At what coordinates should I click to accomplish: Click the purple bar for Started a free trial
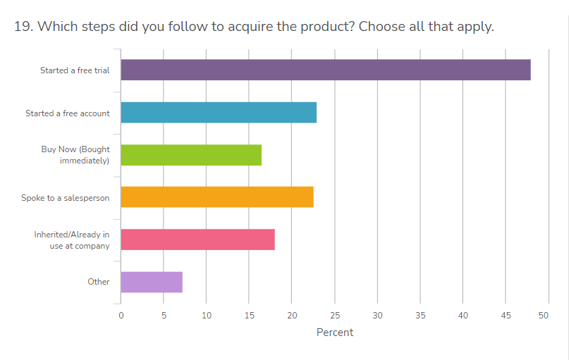tap(325, 70)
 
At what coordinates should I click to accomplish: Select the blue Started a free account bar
tap(219, 113)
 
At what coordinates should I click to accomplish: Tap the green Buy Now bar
tap(191, 155)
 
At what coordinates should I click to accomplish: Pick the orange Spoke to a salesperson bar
tap(217, 197)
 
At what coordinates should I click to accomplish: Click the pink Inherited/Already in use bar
tap(197, 240)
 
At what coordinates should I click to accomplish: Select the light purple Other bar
tap(152, 282)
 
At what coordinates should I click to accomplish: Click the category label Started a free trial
tap(75, 70)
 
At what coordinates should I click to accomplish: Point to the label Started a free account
tap(68, 113)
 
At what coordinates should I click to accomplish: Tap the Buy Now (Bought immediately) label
tap(75, 155)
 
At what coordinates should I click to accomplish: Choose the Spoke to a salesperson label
tap(66, 198)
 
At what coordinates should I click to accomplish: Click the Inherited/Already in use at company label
tap(72, 240)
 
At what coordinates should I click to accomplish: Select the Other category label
tap(99, 282)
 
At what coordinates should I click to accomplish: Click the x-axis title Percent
tap(335, 332)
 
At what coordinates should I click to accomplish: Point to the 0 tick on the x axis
tap(121, 315)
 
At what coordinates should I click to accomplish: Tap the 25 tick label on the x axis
tap(335, 315)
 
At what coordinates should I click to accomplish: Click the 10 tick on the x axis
tap(207, 315)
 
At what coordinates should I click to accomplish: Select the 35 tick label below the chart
tap(420, 315)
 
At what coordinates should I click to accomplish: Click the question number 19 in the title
tap(23, 27)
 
